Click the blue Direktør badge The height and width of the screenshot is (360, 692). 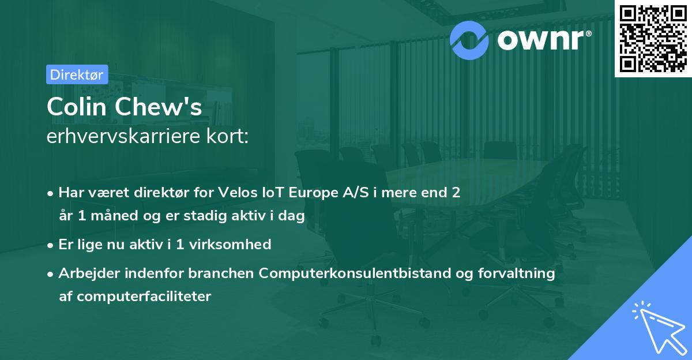[x=77, y=74]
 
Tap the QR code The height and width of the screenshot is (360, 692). [x=653, y=39]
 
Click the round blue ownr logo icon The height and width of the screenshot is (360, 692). [x=469, y=40]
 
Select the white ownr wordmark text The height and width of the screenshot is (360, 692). [x=540, y=40]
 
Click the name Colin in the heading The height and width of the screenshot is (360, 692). [x=77, y=107]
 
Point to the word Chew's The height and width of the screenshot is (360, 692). [x=159, y=107]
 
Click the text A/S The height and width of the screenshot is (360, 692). [x=356, y=193]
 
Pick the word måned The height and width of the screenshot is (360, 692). [x=114, y=215]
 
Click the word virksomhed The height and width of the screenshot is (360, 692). [x=230, y=244]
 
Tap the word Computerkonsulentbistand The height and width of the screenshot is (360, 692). [x=355, y=273]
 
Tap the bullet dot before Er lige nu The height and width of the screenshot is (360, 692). [x=50, y=246]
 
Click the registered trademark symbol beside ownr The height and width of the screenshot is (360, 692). [x=588, y=33]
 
